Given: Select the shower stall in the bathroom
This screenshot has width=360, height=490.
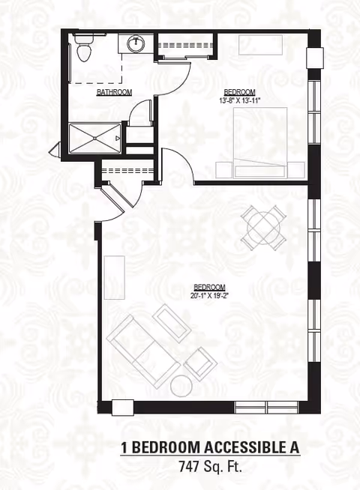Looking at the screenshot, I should click(95, 138).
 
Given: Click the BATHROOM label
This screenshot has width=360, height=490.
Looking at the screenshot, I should click(114, 93).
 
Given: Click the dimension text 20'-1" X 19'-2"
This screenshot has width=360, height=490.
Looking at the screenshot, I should click(209, 295).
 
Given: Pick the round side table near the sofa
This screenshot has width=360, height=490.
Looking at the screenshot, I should click(181, 385).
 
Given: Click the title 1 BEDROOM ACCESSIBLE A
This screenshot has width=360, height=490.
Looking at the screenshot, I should click(210, 448).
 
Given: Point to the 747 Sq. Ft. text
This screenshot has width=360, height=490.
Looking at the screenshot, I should click(211, 466).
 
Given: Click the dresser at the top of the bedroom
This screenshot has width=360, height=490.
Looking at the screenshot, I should click(259, 44).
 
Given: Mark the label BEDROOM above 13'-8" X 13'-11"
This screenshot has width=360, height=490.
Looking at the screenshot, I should click(239, 92).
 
